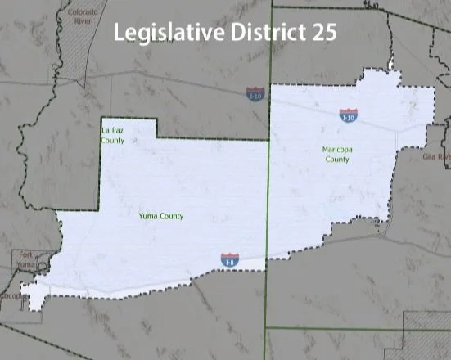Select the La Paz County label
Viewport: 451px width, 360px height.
[x=113, y=136]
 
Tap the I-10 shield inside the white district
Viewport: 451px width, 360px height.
[x=349, y=115]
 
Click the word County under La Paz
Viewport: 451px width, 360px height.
[x=113, y=141]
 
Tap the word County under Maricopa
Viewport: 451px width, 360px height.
[x=336, y=160]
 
